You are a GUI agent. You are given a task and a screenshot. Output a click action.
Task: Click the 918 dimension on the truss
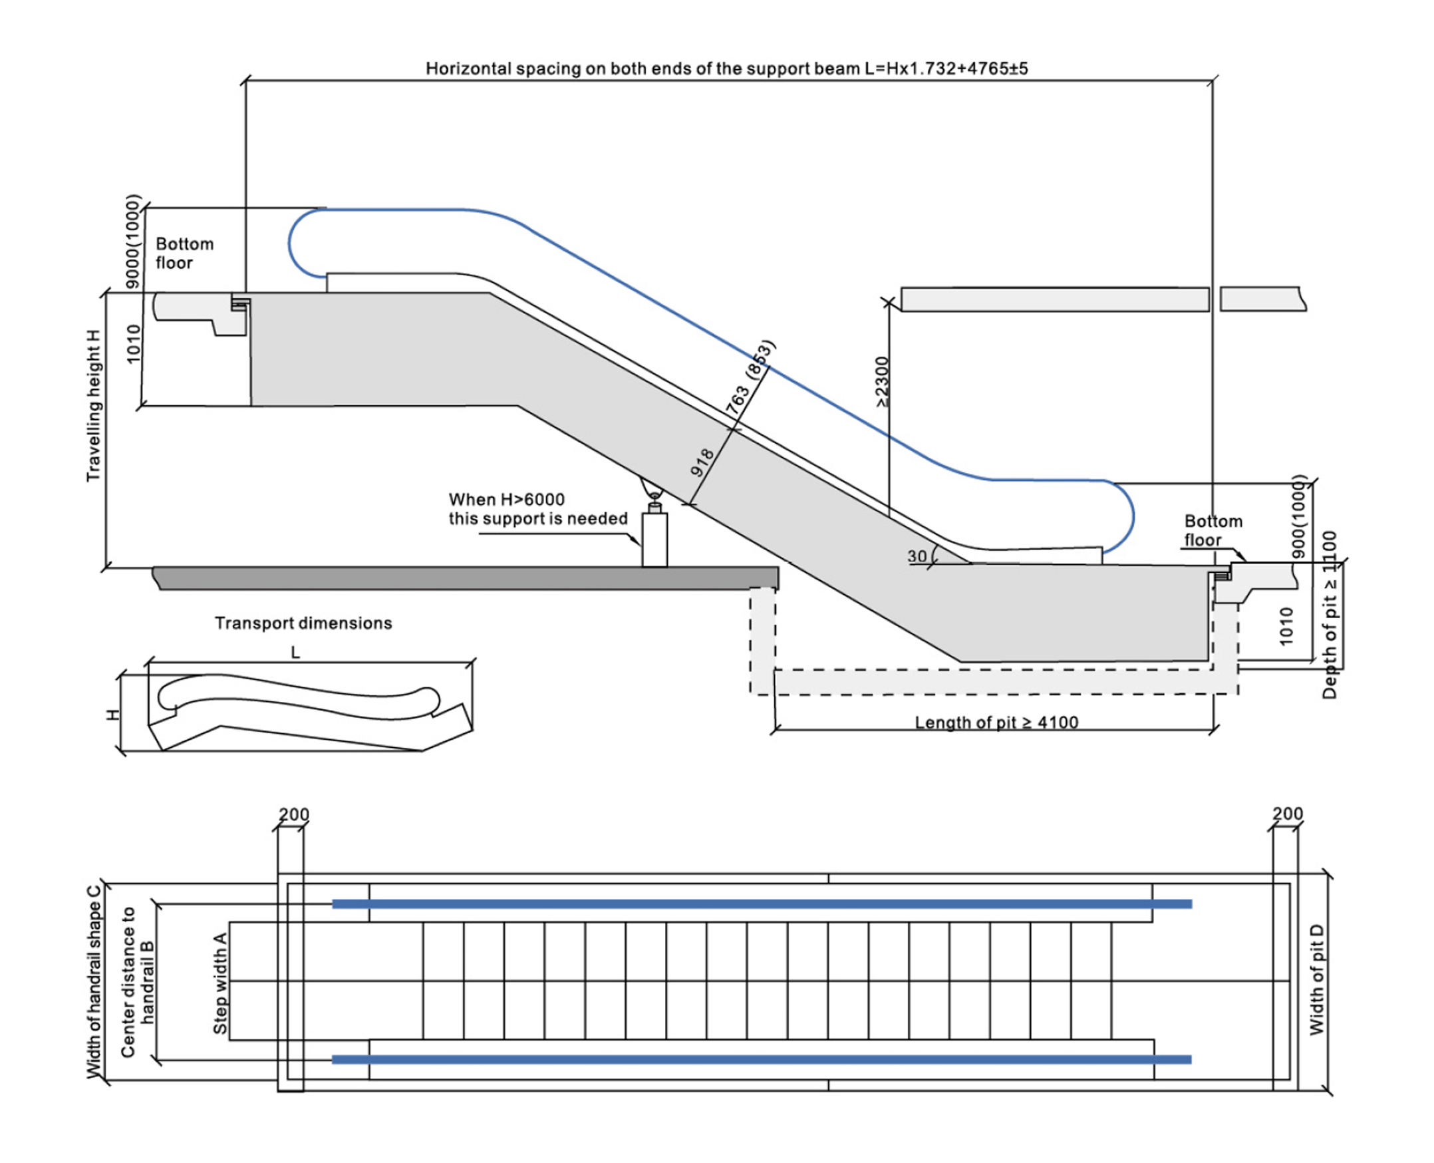click(701, 462)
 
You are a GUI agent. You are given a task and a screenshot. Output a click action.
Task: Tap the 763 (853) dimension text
click(750, 379)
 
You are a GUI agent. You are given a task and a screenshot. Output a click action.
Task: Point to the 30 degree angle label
click(917, 556)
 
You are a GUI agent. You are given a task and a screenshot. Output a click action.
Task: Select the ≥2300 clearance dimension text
click(881, 382)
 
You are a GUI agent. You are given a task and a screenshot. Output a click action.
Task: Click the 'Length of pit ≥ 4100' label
click(996, 722)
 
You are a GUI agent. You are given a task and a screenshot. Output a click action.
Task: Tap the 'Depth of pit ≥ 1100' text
click(1330, 615)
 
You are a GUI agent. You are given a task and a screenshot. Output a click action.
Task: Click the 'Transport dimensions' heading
click(303, 623)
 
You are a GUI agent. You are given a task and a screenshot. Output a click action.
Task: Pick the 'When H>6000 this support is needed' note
click(538, 509)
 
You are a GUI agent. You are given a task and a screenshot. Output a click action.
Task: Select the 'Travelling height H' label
click(93, 405)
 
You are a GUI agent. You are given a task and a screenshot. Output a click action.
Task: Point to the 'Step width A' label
click(219, 983)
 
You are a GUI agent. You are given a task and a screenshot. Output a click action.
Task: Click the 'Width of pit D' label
click(1316, 979)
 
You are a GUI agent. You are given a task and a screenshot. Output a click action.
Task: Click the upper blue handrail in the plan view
click(762, 904)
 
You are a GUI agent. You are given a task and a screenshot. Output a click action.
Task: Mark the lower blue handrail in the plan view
click(762, 1059)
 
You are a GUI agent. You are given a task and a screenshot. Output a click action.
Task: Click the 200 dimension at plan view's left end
click(293, 814)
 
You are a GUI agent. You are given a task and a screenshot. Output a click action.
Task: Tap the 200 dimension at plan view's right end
click(1287, 813)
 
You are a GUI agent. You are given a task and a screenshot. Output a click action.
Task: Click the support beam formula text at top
click(727, 69)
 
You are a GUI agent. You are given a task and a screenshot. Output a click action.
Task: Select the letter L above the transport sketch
click(295, 653)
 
